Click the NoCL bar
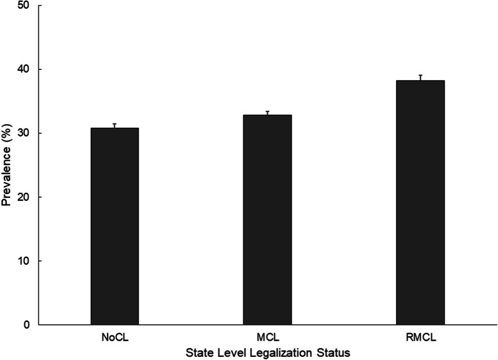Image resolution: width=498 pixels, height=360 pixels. pos(114,226)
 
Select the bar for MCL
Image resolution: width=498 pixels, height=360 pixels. pos(267,220)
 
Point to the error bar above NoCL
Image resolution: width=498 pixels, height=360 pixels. pos(114,125)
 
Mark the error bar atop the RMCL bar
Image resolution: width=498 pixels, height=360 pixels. pos(420,77)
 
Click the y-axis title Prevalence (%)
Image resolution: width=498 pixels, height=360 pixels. pos(8,165)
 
